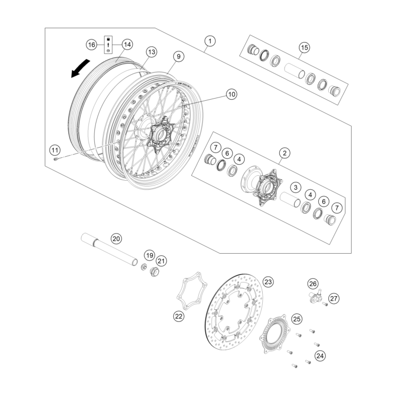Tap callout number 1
210,41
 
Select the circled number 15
303,47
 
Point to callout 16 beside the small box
92,44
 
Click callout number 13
151,52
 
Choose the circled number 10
216,94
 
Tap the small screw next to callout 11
56,157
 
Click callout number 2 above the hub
285,153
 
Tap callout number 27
334,298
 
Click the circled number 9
178,56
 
